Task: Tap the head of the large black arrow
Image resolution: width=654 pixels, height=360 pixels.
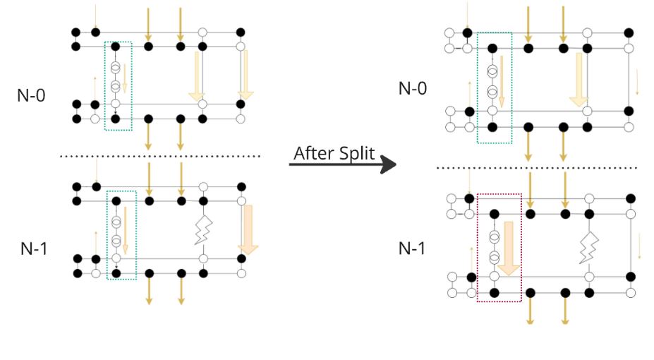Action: point(387,165)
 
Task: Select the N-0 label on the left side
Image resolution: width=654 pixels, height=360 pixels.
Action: point(31,96)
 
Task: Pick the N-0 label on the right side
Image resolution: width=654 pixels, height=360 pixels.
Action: point(413,88)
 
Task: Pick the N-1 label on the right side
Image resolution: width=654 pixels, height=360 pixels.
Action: point(413,248)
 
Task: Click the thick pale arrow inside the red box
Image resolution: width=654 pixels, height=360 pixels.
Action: point(509,250)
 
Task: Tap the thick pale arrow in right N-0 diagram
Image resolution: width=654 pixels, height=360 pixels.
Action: point(579,80)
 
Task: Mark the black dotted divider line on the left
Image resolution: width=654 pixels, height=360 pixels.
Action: point(160,155)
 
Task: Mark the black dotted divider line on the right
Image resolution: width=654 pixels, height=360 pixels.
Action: point(536,168)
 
